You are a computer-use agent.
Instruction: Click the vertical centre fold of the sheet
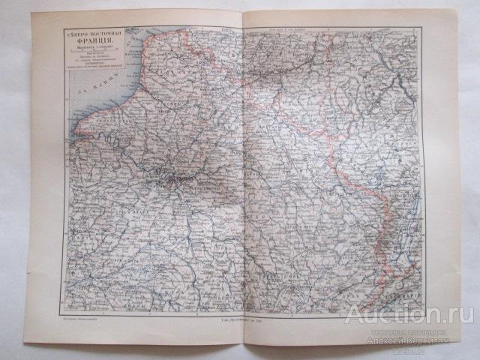click(x=244, y=172)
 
